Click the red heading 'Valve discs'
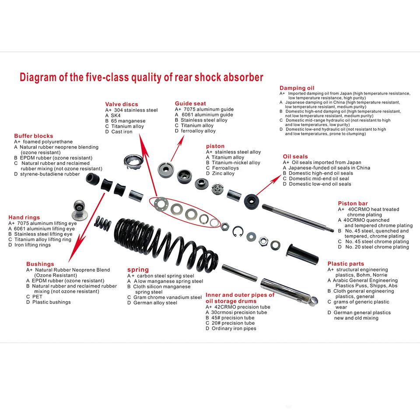point(121,104)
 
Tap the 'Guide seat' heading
point(190,104)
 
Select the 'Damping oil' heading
point(297,88)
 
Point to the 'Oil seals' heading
point(295,156)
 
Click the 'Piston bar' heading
point(353,203)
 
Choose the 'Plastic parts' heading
point(346,264)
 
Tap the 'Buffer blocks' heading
point(33,136)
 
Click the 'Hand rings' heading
point(24,217)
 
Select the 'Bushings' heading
point(40,264)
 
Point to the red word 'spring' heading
point(138,270)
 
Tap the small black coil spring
point(103,224)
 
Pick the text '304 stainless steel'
point(136,110)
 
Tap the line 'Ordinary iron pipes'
point(234,329)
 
